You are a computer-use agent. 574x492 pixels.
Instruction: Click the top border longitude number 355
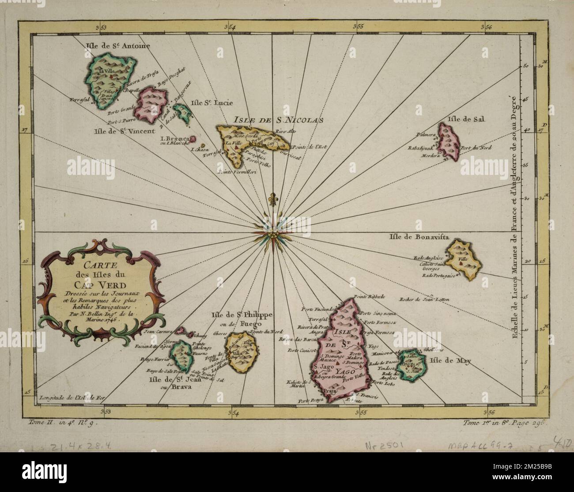pos(360,27)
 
